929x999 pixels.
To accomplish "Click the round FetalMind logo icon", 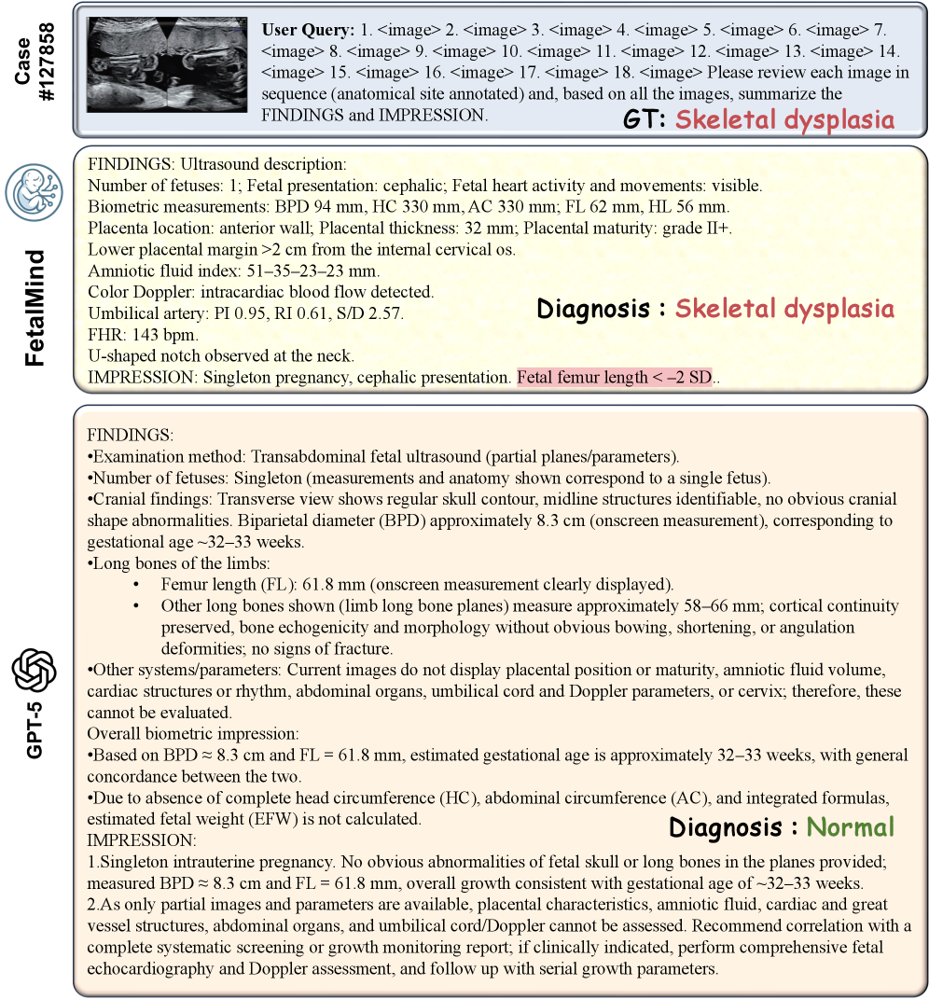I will tap(35, 190).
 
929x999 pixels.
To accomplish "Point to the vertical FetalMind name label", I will tap(35, 295).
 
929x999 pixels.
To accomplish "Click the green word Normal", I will tap(850, 826).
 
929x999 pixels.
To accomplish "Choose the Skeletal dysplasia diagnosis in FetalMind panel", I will tap(784, 308).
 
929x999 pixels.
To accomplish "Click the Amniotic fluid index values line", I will tap(234, 271).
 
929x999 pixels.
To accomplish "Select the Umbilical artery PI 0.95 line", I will tap(245, 313).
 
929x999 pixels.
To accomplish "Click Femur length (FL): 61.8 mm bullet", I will tap(416, 585).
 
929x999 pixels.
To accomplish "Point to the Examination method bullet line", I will tap(382, 456).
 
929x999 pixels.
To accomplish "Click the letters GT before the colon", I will tap(640, 120).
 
